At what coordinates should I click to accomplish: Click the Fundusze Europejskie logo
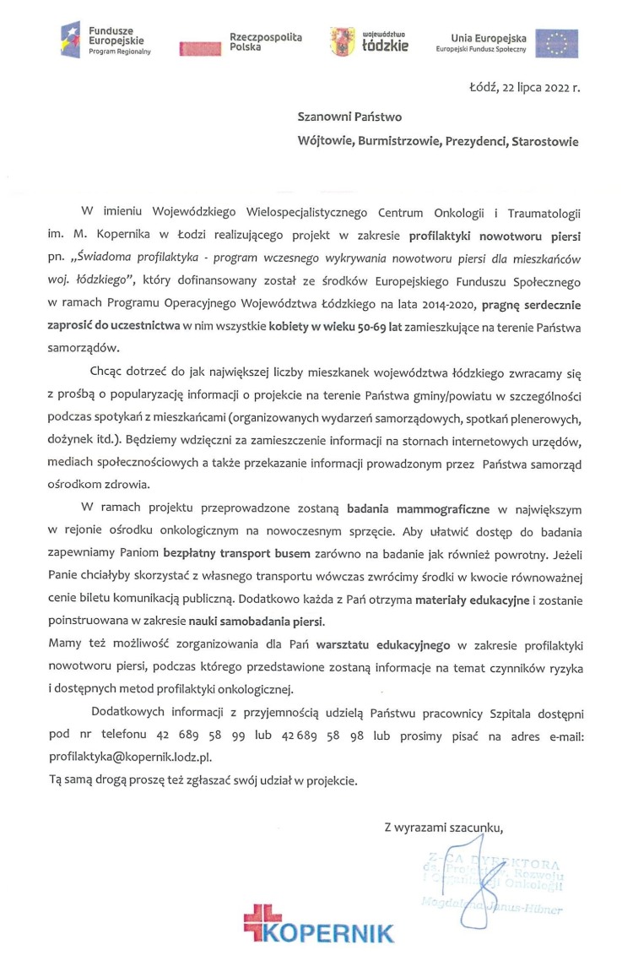[x=105, y=39]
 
